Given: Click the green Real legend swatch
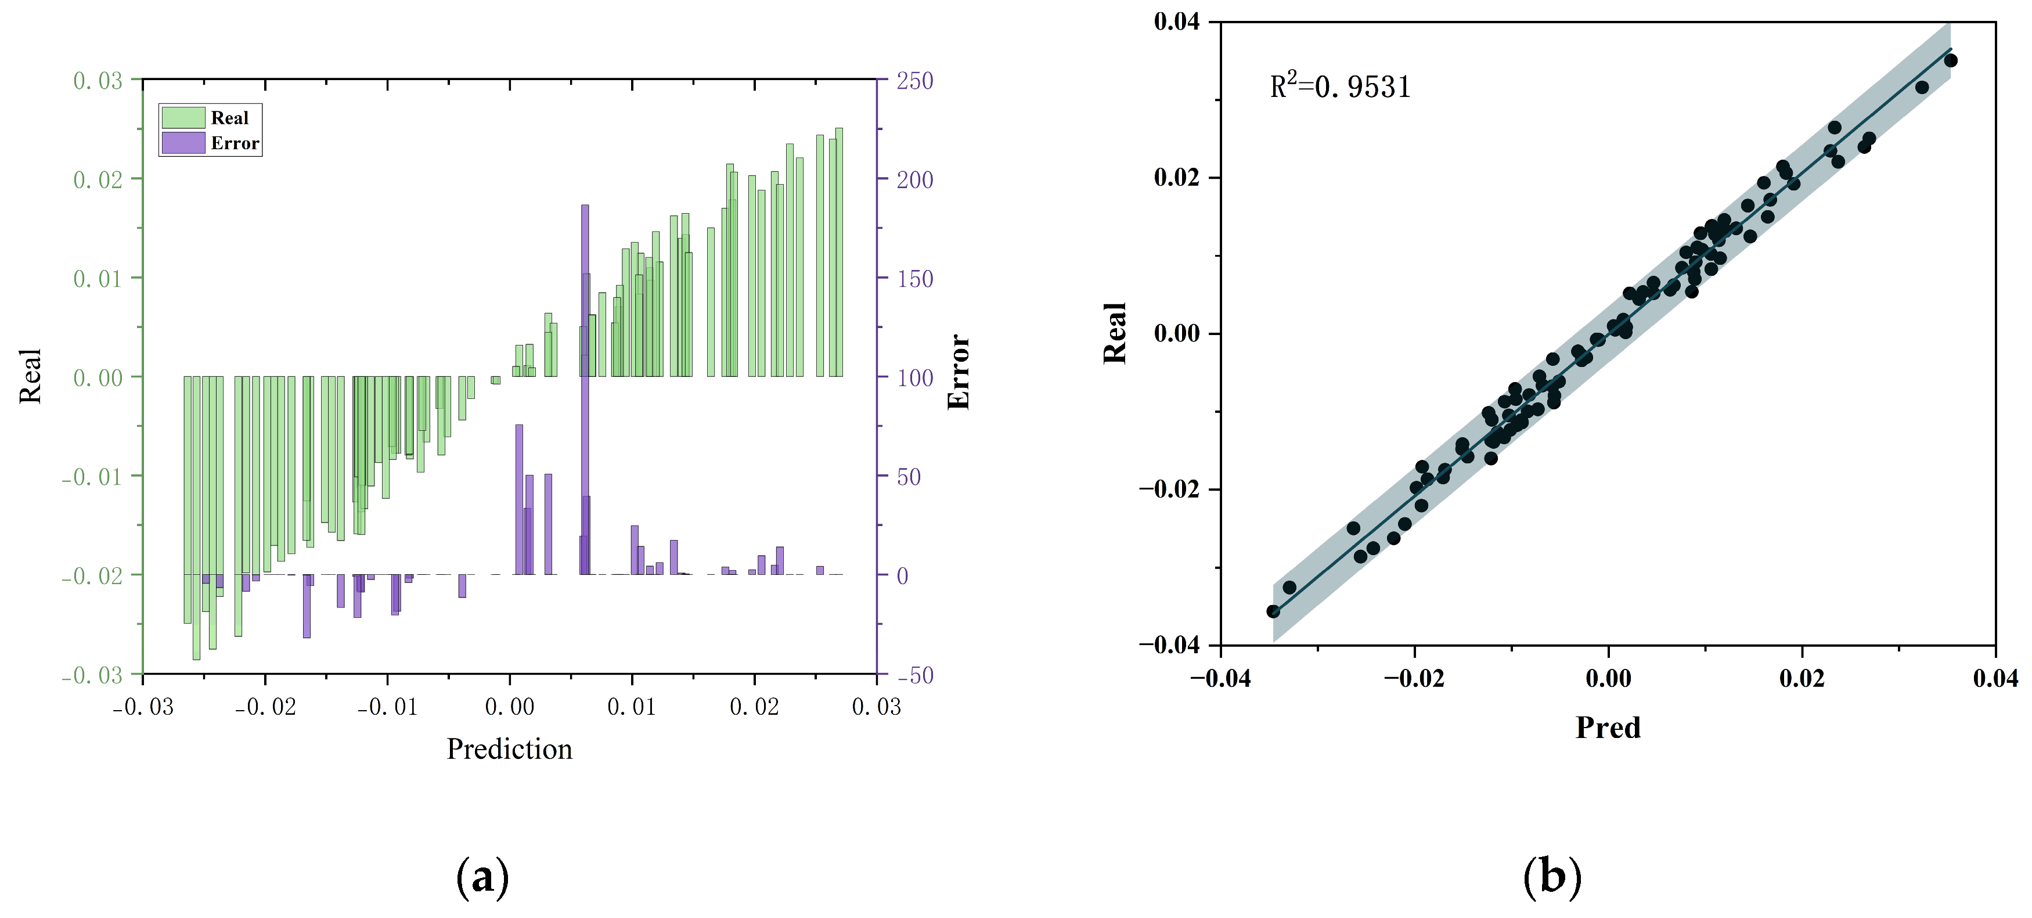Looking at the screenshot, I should [x=183, y=117].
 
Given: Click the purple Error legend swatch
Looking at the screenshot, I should [x=183, y=143].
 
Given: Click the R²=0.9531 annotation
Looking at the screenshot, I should [x=1339, y=86].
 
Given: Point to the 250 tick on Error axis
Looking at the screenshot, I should [x=915, y=81].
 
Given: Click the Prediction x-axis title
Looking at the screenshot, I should [x=510, y=748].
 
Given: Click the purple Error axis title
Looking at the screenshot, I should [x=959, y=372].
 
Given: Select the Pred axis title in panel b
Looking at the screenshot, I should [x=1608, y=727].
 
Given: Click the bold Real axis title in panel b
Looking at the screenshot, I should [x=1115, y=333].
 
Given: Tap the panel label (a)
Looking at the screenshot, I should [x=483, y=877].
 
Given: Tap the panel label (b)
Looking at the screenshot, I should [x=1552, y=877].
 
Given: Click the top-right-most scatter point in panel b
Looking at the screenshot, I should [x=1951, y=61].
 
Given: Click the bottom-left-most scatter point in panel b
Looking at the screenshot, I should [x=1273, y=611].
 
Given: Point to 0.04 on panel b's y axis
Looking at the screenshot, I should [x=1176, y=21].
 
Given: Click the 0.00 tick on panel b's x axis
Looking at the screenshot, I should [x=1608, y=678].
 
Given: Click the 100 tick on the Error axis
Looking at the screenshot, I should [x=915, y=378].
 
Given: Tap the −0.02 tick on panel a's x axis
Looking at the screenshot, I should [x=266, y=707].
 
